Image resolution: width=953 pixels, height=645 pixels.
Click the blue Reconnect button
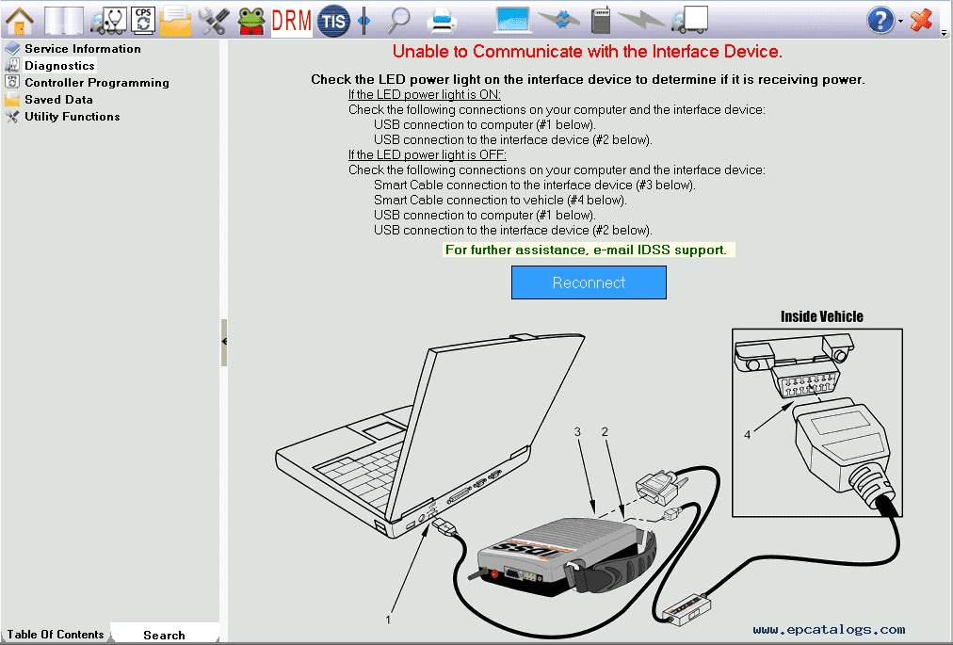[589, 282]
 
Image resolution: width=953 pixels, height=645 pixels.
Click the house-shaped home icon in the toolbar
[20, 20]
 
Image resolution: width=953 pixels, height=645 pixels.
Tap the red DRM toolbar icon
[291, 21]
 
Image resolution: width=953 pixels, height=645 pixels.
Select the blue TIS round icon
[333, 21]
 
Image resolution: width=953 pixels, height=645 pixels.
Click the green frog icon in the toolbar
[251, 21]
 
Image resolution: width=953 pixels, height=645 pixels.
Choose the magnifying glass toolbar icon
[398, 20]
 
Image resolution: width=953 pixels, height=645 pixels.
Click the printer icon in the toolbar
[442, 22]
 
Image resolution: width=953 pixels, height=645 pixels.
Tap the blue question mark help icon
[880, 20]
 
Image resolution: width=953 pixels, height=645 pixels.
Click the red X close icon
[921, 20]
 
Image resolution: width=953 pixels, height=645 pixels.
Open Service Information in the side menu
[83, 49]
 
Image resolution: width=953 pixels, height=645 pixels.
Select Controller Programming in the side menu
[97, 83]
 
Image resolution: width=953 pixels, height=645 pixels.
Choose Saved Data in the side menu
[59, 100]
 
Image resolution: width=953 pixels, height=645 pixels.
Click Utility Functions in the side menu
[73, 117]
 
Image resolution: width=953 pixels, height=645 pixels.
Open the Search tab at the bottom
[164, 635]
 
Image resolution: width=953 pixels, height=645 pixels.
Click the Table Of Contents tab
[56, 634]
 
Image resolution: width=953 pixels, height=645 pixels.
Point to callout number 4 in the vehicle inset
[747, 435]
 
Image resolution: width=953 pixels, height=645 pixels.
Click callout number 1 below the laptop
[388, 621]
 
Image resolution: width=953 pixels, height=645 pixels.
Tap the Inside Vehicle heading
[822, 316]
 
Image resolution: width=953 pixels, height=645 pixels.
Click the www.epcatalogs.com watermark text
[829, 630]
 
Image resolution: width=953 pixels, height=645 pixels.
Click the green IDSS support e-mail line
[586, 250]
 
